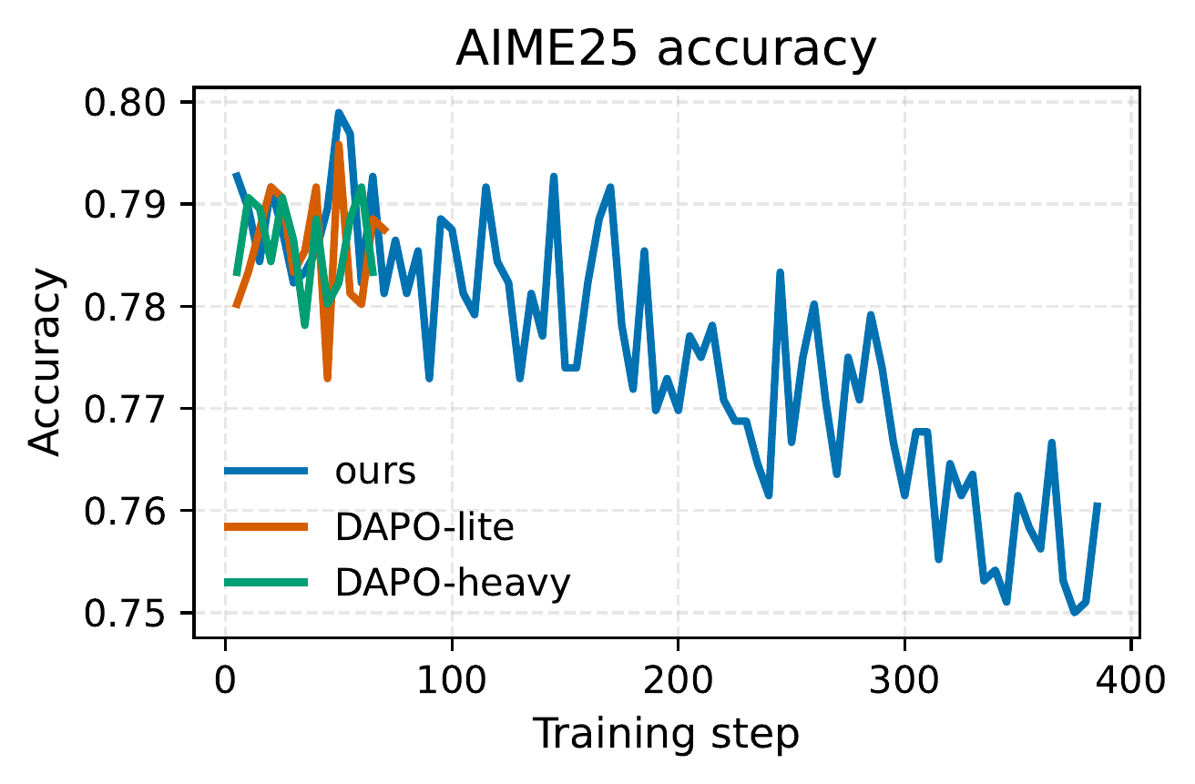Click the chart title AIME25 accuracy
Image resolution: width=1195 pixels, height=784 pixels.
pyautogui.click(x=665, y=50)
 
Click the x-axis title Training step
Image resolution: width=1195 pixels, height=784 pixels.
pyautogui.click(x=665, y=733)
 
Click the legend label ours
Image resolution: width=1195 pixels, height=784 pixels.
pyautogui.click(x=375, y=472)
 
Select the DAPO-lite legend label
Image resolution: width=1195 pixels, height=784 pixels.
pyautogui.click(x=424, y=527)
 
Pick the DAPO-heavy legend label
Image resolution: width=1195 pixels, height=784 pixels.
pyautogui.click(x=453, y=583)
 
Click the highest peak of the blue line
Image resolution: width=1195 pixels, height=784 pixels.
pyautogui.click(x=338, y=113)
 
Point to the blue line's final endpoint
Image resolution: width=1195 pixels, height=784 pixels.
pyautogui.click(x=1098, y=504)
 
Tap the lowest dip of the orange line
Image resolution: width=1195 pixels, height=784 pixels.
pyautogui.click(x=327, y=379)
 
